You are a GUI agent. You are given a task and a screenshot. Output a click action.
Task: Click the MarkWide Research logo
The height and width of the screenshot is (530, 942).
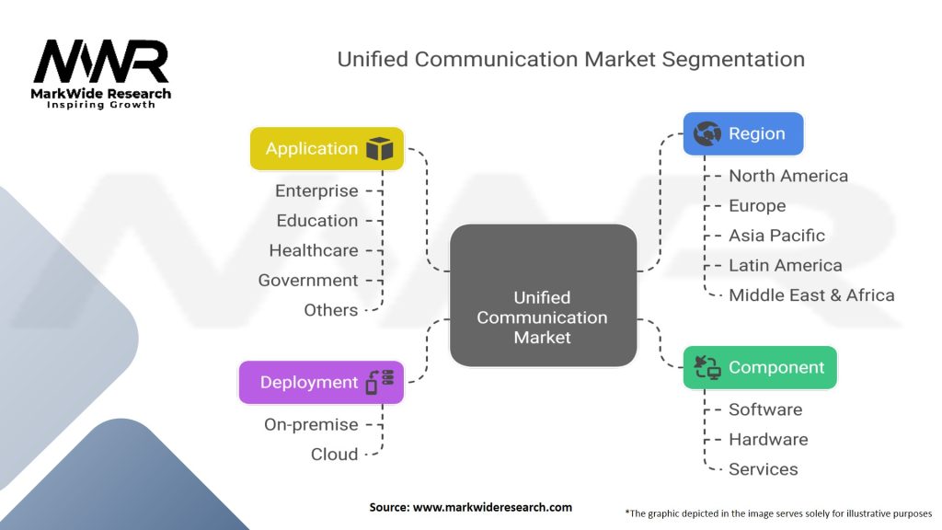[102, 72]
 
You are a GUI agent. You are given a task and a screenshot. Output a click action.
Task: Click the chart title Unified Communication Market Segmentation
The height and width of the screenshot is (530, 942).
[570, 60]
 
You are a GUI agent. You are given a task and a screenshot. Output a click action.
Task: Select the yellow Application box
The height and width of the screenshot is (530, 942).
[327, 148]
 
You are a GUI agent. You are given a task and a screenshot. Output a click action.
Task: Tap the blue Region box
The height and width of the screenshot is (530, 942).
[743, 133]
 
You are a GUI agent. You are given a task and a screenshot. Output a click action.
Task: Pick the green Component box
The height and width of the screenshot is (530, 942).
[760, 367]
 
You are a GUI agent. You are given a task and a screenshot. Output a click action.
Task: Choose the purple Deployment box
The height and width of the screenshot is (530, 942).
[321, 383]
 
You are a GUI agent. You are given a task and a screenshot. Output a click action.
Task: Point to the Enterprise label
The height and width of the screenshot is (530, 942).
[316, 191]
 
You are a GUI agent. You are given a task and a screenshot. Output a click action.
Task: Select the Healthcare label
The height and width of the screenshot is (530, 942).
[313, 250]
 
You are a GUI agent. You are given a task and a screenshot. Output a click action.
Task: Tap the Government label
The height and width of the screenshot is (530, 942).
[307, 281]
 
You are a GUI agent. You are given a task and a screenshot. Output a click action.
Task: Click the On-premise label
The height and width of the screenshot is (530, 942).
[311, 425]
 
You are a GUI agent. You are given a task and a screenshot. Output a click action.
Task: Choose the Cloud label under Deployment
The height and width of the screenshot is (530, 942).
[334, 455]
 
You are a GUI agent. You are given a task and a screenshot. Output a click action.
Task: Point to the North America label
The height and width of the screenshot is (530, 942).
[788, 176]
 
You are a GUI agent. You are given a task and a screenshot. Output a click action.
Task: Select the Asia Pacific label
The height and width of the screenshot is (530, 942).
[776, 236]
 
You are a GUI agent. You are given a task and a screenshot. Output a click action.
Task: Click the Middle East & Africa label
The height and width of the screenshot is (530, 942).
[811, 295]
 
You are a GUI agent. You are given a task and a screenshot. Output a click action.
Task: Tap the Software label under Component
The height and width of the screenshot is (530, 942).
[765, 409]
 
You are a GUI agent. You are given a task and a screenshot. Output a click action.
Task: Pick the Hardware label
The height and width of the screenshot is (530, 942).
[768, 440]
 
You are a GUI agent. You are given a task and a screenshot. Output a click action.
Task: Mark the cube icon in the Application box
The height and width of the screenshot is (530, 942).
[379, 149]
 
